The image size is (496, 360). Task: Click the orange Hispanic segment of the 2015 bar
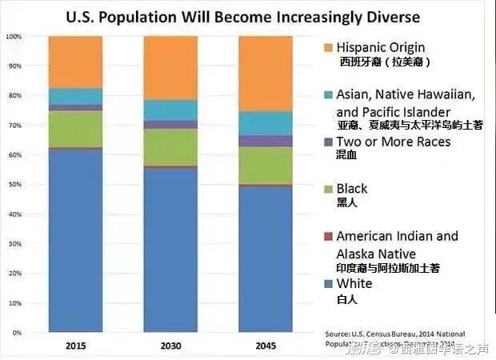click(75, 62)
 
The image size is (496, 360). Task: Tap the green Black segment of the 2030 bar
click(170, 146)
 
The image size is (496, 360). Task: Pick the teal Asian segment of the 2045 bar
click(266, 122)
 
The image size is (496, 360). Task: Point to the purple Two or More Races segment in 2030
click(170, 124)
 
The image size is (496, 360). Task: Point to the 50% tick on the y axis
click(14, 185)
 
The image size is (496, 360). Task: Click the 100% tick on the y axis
click(14, 37)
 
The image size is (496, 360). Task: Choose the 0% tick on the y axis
click(16, 332)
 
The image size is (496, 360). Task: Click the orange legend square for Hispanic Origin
click(327, 48)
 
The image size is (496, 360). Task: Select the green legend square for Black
click(327, 189)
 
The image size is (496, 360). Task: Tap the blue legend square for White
click(327, 284)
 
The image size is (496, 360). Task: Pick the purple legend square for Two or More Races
click(327, 142)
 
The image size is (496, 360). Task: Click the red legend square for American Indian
click(327, 237)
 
